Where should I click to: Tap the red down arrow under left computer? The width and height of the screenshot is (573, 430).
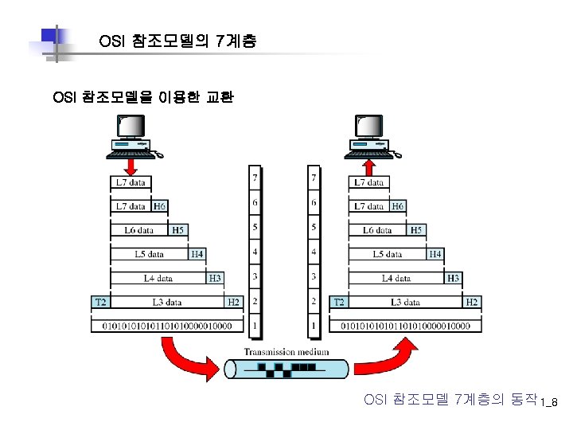(131, 166)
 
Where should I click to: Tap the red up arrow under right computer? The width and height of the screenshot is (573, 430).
(369, 166)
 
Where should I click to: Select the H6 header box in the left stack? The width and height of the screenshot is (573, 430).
(159, 206)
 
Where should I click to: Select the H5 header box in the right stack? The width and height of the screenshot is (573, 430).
(416, 230)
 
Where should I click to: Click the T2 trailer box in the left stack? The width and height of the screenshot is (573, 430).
(101, 302)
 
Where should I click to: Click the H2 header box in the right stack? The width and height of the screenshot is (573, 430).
(472, 302)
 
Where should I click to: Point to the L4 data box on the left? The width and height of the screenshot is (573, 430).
(158, 278)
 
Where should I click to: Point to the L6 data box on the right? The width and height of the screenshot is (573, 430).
(378, 230)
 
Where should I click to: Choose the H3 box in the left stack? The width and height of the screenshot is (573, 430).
(215, 278)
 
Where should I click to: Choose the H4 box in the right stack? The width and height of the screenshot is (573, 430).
(435, 254)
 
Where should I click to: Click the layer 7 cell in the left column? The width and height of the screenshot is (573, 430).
(255, 177)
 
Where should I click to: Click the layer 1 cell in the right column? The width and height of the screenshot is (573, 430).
(314, 326)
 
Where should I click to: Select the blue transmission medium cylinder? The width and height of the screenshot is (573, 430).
(286, 369)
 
